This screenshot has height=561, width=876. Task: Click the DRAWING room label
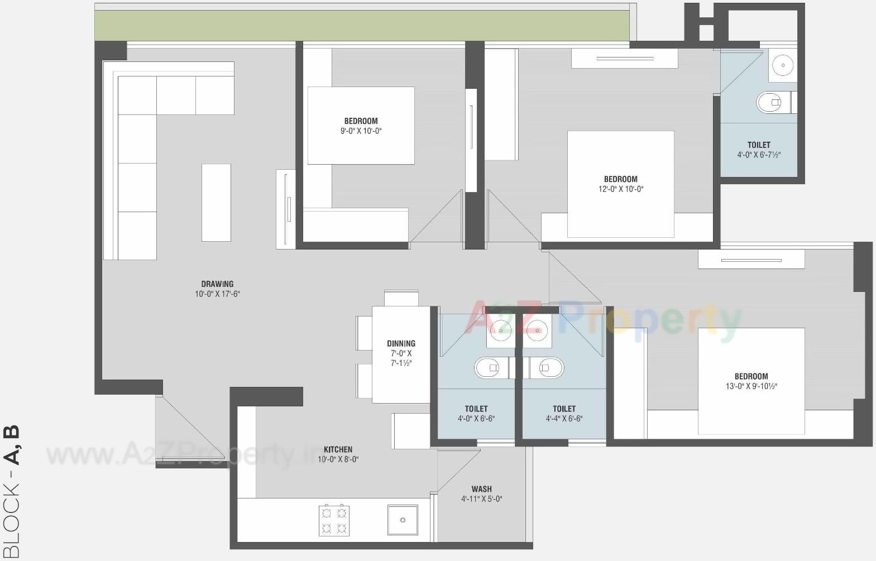(217, 284)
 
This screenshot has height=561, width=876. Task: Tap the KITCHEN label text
(338, 449)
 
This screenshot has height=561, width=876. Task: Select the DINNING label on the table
(401, 344)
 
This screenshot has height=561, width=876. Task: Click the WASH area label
(481, 489)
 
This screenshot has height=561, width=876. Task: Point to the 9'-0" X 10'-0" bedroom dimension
(361, 131)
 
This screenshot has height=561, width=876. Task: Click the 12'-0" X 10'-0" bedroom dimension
(620, 189)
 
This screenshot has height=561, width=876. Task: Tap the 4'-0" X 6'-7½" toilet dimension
(759, 155)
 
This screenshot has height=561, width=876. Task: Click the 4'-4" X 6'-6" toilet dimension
(564, 419)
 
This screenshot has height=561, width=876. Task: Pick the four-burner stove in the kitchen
(334, 520)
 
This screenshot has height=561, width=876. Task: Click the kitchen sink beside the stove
(403, 520)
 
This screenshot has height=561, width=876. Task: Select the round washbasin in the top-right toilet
(783, 65)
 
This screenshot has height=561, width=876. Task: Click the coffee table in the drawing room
(216, 203)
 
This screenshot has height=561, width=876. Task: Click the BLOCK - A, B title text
(12, 491)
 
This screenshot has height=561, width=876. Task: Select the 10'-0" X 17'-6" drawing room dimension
(217, 294)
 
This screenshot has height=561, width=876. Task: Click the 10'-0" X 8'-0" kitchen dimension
(338, 459)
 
